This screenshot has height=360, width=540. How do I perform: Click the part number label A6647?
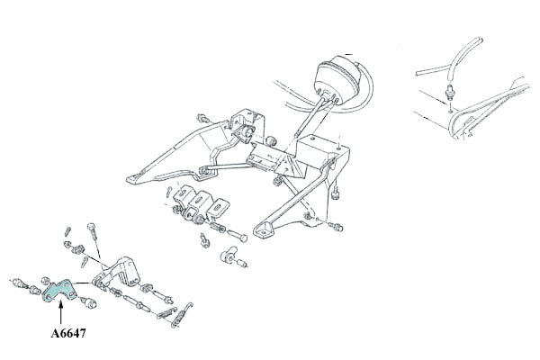(68, 333)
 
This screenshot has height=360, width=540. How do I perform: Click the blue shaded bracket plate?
(58, 291)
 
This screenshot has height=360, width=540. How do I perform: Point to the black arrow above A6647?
(60, 311)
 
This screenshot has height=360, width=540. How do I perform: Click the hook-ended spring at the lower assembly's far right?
(183, 314)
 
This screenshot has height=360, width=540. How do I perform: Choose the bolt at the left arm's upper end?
(203, 119)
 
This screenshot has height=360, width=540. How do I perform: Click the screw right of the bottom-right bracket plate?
(335, 226)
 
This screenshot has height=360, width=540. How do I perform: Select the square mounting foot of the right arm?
(264, 229)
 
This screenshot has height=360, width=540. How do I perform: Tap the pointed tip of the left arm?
(131, 180)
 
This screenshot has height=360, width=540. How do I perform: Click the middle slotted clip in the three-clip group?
(199, 202)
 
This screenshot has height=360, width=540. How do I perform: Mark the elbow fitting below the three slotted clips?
(229, 255)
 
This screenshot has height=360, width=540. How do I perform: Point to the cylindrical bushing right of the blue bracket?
(89, 302)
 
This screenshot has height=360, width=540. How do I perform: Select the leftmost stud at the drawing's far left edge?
(19, 283)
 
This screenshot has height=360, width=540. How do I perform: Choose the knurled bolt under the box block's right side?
(335, 195)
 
